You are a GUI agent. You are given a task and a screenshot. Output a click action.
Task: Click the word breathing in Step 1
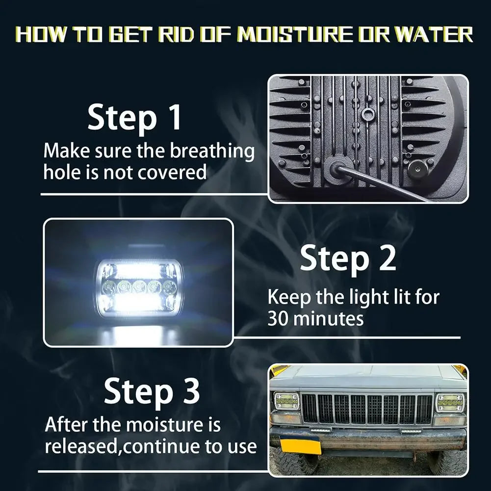pos(212,152)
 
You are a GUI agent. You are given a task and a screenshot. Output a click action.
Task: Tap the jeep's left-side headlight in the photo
pos(286,401)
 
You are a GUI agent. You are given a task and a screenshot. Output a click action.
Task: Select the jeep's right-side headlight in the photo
pos(450,402)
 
